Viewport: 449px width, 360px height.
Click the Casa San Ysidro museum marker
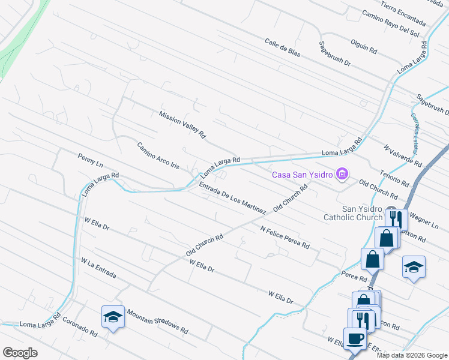342,175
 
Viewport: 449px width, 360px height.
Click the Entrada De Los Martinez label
232,199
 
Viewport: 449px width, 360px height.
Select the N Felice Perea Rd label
285,237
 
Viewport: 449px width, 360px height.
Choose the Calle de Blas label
282,47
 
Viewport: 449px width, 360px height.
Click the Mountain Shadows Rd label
157,322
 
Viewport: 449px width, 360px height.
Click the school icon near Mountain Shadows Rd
112,317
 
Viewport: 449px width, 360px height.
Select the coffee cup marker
354,338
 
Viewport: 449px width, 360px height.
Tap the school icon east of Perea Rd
414,266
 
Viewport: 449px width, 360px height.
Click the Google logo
20,353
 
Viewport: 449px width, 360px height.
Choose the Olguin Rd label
364,45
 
